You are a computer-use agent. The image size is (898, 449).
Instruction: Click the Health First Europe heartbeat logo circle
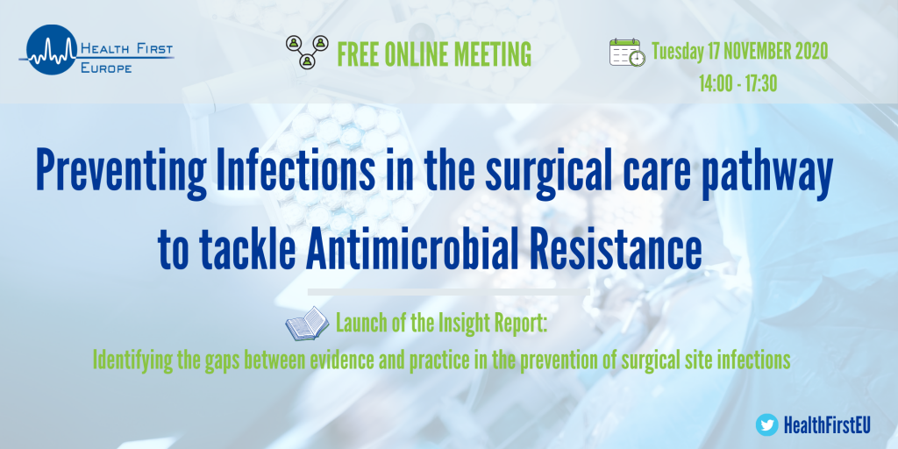pos(52,50)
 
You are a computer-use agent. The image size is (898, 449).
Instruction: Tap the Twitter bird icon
pos(766,425)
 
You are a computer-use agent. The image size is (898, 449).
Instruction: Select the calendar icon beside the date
pos(627,53)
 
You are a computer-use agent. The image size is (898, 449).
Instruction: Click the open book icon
pos(307,324)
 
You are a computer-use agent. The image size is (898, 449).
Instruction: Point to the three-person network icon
pos(307,52)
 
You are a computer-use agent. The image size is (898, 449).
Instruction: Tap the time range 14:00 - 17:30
pos(738,84)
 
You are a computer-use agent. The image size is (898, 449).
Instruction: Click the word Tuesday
pos(678,53)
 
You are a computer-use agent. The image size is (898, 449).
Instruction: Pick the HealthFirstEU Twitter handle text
pos(826,425)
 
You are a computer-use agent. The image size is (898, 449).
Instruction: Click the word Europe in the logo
pos(107,68)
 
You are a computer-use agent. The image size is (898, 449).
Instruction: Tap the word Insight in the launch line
pos(461,324)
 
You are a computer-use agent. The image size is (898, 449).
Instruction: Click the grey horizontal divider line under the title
pos(448,292)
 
